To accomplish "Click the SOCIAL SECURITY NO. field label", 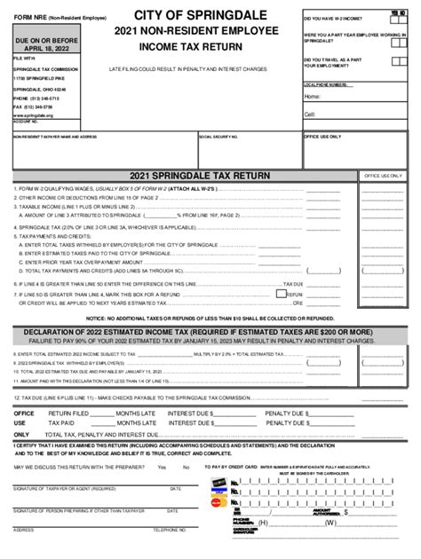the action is [x=218, y=138].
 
